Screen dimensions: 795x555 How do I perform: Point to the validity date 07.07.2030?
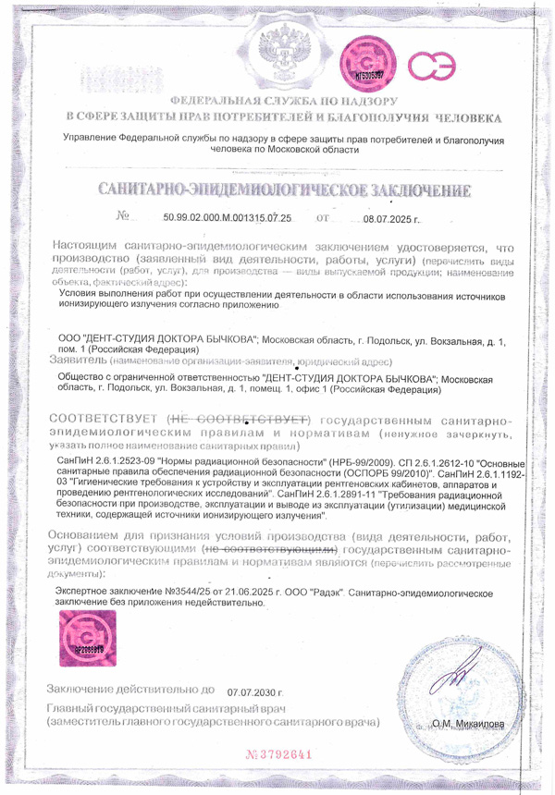[253, 691]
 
